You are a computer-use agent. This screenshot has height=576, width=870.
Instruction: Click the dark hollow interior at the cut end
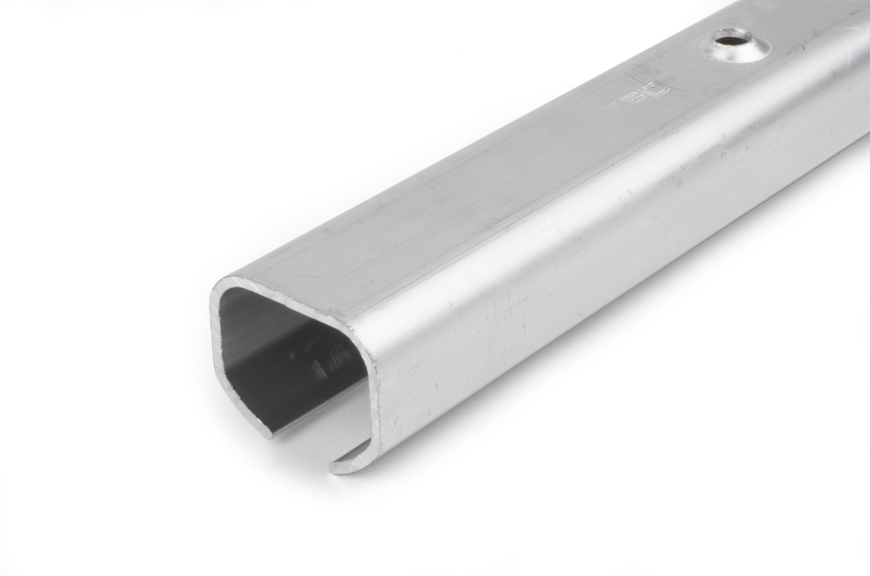[288, 353]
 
